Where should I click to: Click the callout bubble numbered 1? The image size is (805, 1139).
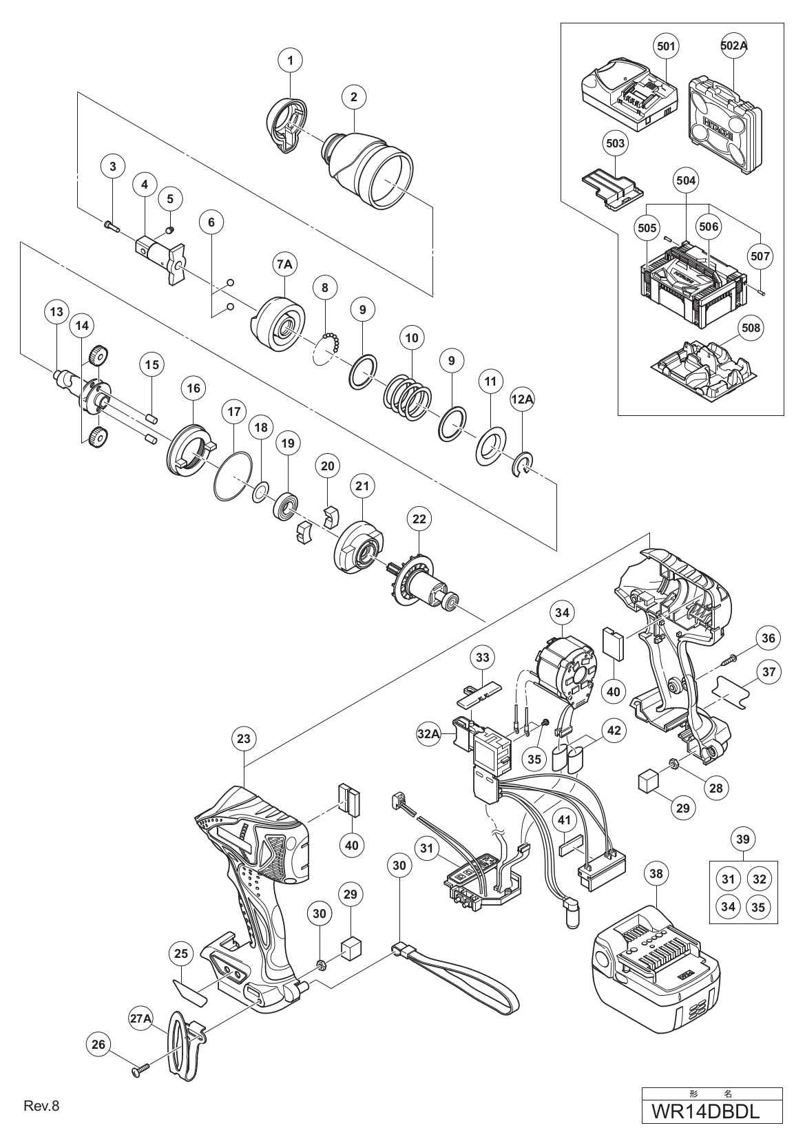point(291,61)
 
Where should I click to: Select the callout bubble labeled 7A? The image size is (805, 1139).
point(284,264)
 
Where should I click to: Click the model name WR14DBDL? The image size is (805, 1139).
point(711,1111)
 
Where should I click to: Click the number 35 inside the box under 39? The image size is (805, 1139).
point(757,907)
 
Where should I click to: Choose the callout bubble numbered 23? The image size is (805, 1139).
point(243,739)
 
